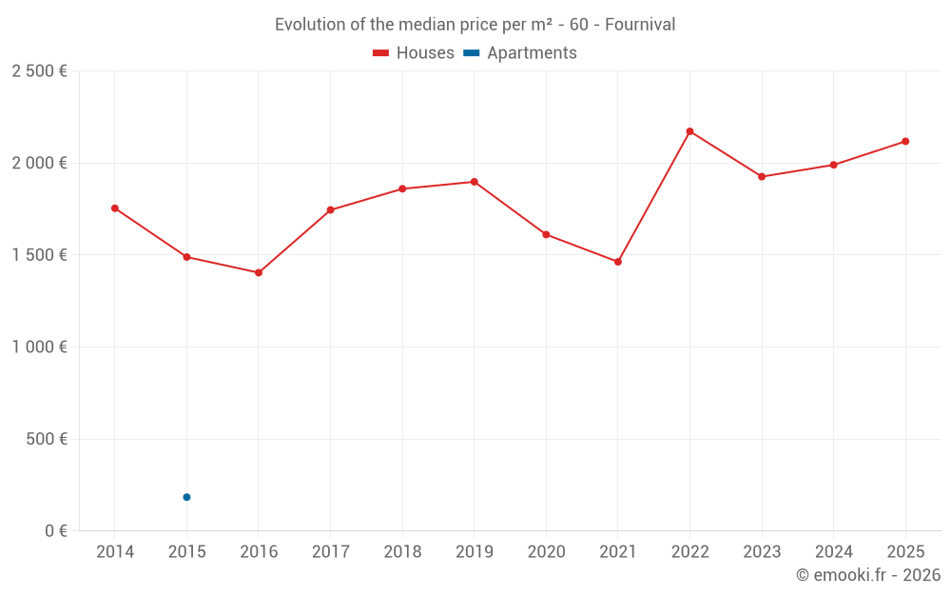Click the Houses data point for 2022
(689, 131)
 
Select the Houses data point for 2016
(259, 273)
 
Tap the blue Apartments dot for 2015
(186, 497)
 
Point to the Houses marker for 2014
(115, 208)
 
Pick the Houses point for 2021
(618, 262)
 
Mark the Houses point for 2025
(905, 142)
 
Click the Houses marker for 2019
(475, 182)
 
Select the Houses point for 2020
(546, 234)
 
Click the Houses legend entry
(414, 53)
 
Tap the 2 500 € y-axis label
(39, 71)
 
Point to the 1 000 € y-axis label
(39, 347)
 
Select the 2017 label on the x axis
(330, 552)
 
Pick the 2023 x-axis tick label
(762, 552)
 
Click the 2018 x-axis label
(402, 552)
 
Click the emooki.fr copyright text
(868, 575)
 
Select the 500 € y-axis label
(45, 440)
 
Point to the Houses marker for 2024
(833, 165)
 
